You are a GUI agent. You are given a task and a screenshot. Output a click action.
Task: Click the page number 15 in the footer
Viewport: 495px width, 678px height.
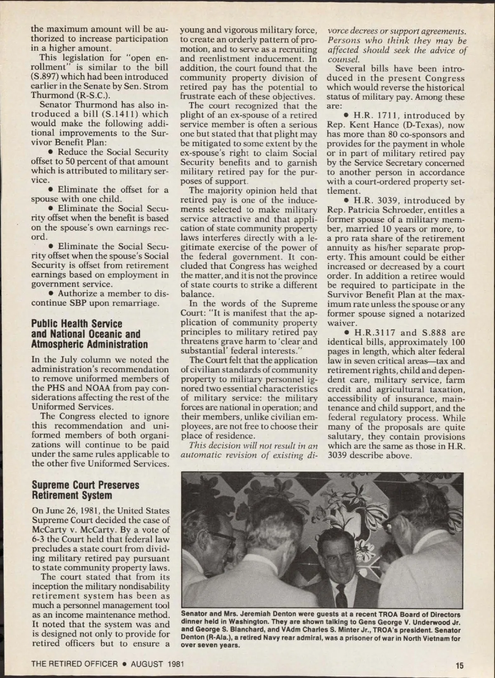(460, 665)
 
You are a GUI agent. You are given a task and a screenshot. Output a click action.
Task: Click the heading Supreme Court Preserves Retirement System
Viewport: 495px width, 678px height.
(85, 490)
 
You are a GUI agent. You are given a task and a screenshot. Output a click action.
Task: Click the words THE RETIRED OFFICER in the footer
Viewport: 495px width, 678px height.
(75, 664)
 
